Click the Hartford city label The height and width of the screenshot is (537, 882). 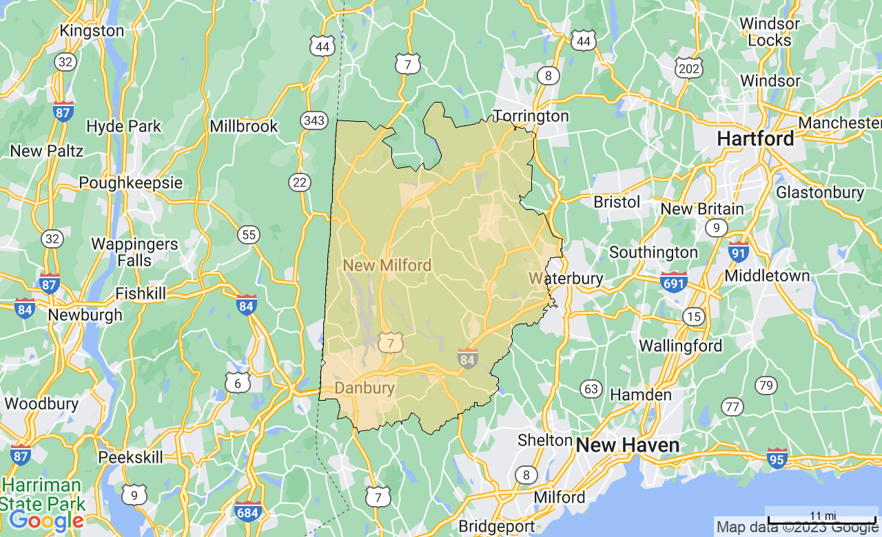pos(755,138)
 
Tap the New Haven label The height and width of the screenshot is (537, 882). pos(628,445)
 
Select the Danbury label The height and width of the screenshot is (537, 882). pos(365,388)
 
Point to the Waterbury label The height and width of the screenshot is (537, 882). pos(566,279)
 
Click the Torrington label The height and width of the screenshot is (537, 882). pos(531,116)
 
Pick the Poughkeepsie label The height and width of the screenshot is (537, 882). pos(130,182)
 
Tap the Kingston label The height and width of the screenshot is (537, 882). pos(92,31)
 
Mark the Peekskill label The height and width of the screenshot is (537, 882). pos(130,457)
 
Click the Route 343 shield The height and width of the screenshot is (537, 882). pos(314,121)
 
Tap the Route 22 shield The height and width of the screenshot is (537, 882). pos(300,182)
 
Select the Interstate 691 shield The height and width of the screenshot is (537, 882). pos(673,282)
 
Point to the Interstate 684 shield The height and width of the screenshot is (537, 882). pos(247,512)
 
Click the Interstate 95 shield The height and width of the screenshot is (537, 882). pos(777,458)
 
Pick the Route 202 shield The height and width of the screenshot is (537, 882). pos(689,67)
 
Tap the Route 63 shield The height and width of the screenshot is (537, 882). pos(591,389)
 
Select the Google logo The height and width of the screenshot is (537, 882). pos(46,521)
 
